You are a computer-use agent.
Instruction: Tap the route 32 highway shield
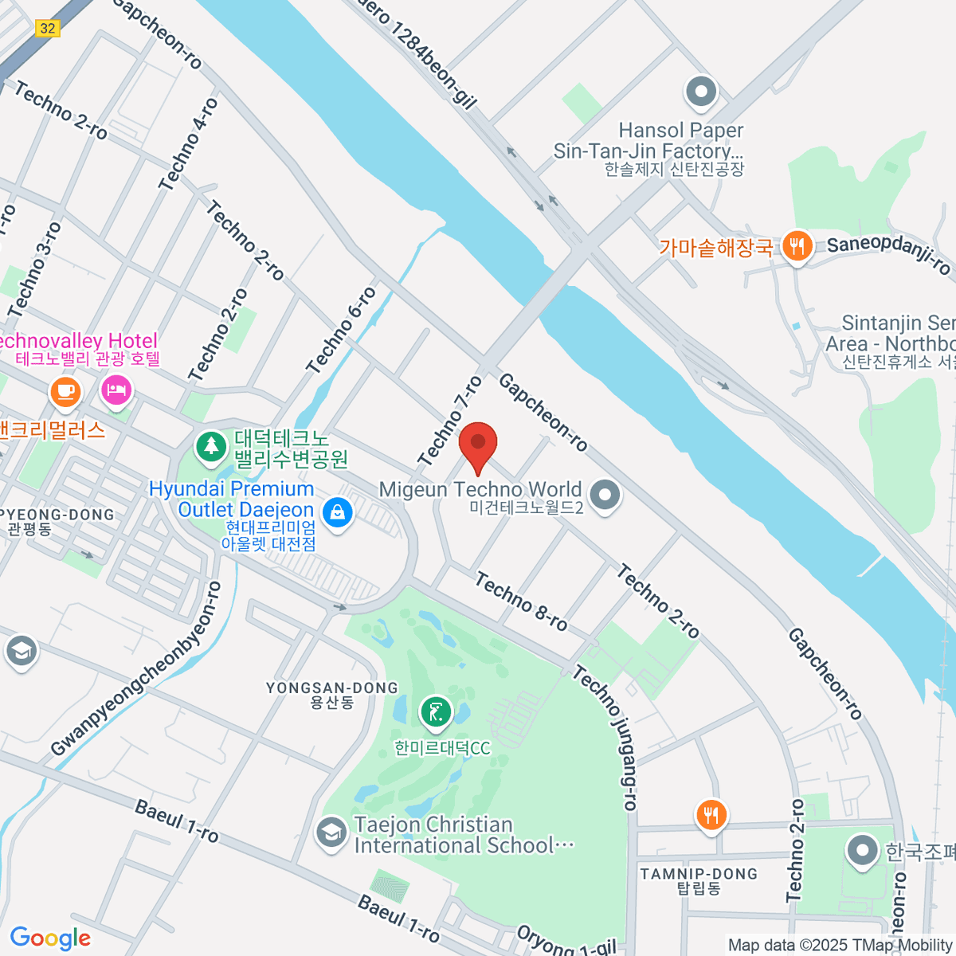point(48,28)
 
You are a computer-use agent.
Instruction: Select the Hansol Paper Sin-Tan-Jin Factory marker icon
point(701,92)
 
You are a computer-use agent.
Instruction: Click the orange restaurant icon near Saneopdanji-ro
point(796,246)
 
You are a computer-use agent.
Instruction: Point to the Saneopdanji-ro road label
point(888,253)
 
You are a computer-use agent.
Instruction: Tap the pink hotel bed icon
point(116,390)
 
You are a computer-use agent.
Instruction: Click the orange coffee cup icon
point(65,391)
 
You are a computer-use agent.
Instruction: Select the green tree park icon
point(211,445)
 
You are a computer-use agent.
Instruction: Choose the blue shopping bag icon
point(338,512)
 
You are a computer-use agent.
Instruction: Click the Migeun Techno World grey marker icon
point(605,495)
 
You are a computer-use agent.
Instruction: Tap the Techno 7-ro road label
point(451,420)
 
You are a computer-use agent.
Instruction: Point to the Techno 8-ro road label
point(521,601)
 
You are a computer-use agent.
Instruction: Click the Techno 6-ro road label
point(341,331)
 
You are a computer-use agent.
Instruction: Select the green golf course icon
point(435,713)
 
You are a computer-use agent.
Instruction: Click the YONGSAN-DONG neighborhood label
point(331,694)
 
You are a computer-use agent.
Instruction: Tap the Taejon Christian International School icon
point(331,833)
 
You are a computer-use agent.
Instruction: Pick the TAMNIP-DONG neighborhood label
point(699,880)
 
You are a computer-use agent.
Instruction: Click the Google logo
point(49,938)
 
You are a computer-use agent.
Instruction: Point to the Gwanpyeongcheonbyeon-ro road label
point(135,669)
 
